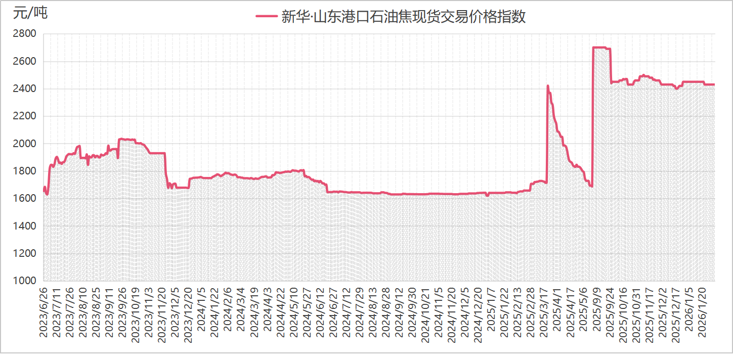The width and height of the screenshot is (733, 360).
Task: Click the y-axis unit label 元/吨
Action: (30, 14)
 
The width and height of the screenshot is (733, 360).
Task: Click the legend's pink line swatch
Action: (267, 16)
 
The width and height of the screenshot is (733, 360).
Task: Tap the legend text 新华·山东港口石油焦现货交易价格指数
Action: (403, 16)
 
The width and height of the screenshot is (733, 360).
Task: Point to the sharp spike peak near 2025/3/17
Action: (548, 86)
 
